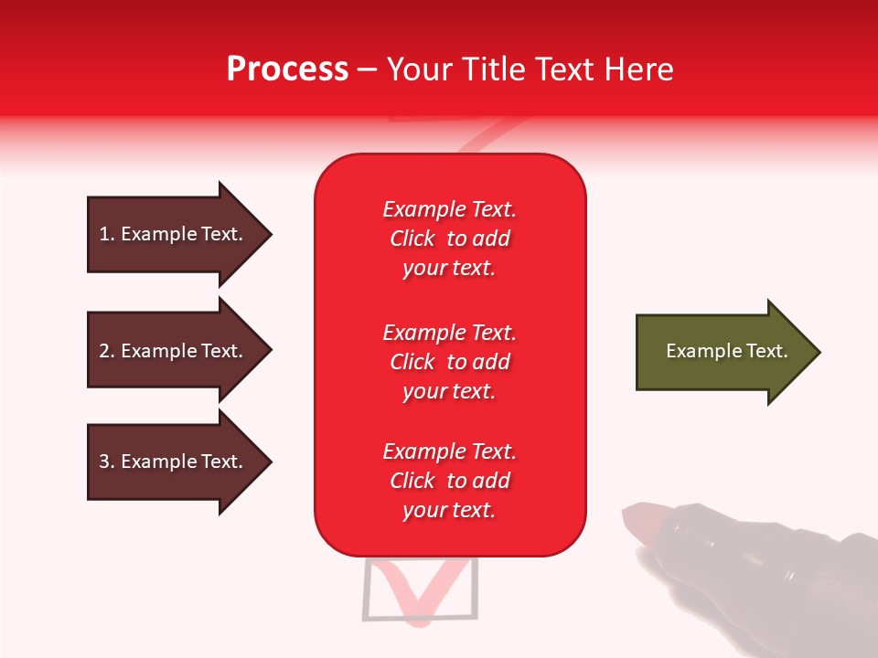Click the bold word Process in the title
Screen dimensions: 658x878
coord(287,69)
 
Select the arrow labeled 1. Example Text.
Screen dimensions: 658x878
coord(174,234)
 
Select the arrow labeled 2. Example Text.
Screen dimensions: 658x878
coord(174,351)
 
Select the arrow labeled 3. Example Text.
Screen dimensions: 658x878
coord(174,462)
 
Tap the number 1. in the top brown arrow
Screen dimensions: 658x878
coord(107,234)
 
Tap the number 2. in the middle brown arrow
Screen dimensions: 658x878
coord(107,351)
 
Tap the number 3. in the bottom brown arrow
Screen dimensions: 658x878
coord(107,462)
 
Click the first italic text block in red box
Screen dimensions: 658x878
coord(449,239)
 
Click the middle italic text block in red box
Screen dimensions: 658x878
coord(449,362)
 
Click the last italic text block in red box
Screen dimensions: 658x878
coord(449,481)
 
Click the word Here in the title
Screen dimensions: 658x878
coord(640,69)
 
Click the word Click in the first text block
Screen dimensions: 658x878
coord(412,239)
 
